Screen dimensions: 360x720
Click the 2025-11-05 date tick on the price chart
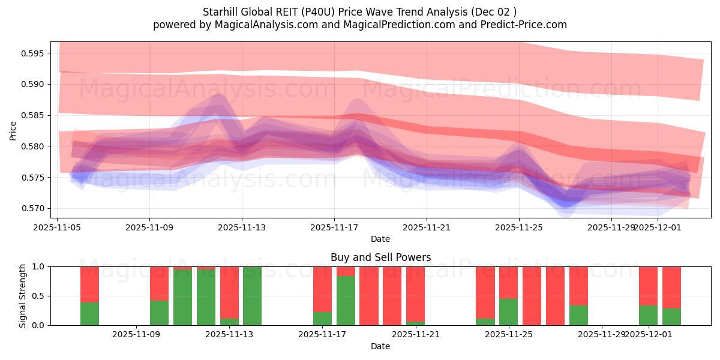(57, 227)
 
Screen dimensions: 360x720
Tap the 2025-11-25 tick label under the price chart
(519, 227)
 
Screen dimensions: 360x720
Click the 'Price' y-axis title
(13, 130)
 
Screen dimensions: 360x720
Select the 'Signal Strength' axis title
(23, 296)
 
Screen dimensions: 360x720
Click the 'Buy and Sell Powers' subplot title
(380, 257)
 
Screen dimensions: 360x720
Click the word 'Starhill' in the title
(221, 11)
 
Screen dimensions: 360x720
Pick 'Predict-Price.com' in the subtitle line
(521, 25)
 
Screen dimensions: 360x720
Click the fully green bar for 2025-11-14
(252, 296)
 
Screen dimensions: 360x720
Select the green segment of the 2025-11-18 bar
(346, 301)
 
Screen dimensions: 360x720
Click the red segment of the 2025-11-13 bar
(229, 292)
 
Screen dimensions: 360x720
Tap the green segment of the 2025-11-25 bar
(508, 312)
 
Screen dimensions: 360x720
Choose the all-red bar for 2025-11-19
(369, 296)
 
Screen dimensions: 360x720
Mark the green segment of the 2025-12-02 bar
(671, 317)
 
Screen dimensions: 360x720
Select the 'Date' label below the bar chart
(380, 346)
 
